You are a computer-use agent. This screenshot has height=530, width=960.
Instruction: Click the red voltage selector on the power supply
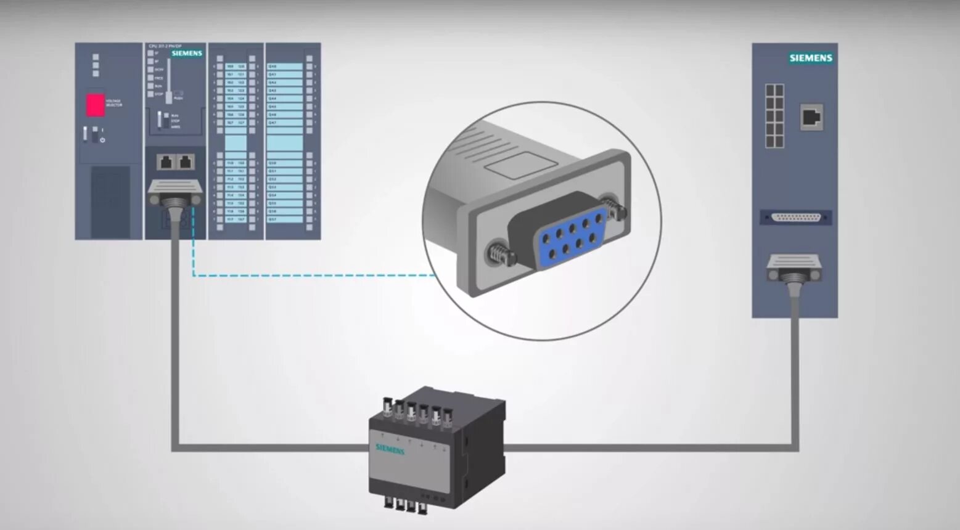[95, 105]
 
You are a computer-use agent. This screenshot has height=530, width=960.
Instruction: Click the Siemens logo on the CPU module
[187, 54]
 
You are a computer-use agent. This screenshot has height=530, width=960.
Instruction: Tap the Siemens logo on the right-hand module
[811, 58]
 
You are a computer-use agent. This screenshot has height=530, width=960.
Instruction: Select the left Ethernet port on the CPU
[165, 162]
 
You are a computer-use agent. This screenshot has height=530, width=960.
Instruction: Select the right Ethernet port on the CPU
[186, 162]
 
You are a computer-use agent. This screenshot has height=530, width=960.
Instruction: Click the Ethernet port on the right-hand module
[811, 116]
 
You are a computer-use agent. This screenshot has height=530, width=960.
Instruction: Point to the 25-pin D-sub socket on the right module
[795, 218]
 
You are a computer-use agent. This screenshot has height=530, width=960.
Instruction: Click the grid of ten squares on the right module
[774, 116]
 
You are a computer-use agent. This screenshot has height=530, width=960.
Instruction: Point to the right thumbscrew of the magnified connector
[614, 208]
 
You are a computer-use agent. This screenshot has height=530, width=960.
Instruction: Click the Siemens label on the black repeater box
[390, 449]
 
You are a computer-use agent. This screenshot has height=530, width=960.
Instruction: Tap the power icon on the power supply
[102, 141]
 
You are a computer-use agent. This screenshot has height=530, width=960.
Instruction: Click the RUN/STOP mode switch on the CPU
[159, 120]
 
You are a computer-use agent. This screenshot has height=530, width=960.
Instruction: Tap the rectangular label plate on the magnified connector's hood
[521, 163]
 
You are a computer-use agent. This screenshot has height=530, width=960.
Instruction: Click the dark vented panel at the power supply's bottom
[110, 201]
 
